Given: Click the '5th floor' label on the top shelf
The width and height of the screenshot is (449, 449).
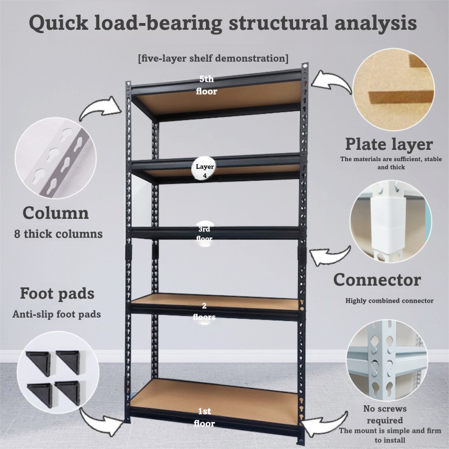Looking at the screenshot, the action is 207,85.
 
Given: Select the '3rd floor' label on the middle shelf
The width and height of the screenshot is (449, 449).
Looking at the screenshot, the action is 204,233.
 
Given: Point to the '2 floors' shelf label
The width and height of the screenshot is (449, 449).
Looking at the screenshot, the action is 204,311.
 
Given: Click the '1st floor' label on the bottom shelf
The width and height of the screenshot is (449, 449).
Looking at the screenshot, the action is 204,417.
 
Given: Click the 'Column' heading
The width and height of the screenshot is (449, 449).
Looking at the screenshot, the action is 56,213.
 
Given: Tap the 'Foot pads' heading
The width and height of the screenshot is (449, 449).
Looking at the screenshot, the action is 57,294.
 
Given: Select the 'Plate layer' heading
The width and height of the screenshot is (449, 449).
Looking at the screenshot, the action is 389,144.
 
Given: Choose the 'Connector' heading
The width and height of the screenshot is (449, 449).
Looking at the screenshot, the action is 377,280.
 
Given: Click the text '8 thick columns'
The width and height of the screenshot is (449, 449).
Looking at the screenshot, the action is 58,234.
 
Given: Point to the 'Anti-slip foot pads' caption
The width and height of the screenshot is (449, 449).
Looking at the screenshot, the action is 57,314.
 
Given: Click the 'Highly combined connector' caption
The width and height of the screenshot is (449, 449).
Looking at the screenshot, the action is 390,301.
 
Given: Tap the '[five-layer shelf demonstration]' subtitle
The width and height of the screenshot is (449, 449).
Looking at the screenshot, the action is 213,58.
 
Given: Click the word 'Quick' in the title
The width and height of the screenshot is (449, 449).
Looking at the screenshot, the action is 58,23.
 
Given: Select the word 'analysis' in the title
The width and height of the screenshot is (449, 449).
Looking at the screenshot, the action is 375,23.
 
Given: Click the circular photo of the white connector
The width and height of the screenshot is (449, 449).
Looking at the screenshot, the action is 391,221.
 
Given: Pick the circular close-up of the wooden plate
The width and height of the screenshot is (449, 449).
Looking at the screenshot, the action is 393,90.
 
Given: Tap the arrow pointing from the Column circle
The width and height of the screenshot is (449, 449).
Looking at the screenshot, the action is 99,108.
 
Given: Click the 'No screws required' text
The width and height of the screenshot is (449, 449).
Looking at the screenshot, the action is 385,414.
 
